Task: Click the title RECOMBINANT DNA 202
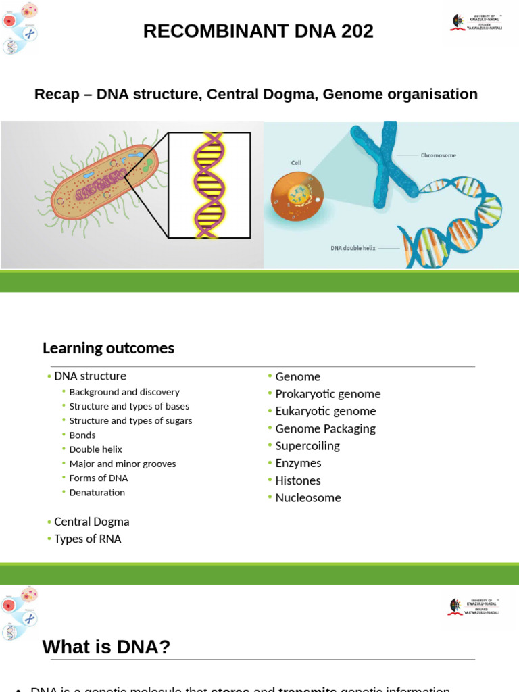click(258, 31)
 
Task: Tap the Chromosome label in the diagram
click(438, 155)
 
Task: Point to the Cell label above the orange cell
click(296, 163)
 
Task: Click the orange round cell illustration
click(297, 197)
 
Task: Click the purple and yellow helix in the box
click(209, 184)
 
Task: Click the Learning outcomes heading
click(108, 348)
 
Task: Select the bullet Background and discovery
click(124, 392)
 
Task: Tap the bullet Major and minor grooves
click(122, 464)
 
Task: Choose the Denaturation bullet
click(97, 493)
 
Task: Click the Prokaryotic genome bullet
click(328, 394)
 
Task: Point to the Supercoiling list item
click(307, 446)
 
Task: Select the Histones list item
click(298, 480)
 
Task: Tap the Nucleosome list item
click(308, 498)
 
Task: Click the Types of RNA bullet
click(88, 539)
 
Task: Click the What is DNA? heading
click(106, 647)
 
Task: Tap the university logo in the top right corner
click(476, 22)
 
